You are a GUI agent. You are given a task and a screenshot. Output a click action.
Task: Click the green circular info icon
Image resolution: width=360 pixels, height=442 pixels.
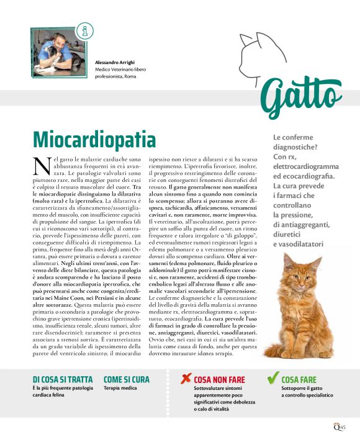click(x=82, y=30)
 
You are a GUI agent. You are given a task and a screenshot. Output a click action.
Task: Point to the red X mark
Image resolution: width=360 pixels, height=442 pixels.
click(x=184, y=378)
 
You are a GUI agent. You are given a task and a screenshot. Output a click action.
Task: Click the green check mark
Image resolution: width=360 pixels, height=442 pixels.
click(x=271, y=377)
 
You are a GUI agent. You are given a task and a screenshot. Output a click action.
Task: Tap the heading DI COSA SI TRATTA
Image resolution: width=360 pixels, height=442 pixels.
click(x=63, y=379)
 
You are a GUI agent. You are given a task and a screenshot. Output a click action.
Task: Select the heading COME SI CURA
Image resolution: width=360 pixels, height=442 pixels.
click(x=127, y=379)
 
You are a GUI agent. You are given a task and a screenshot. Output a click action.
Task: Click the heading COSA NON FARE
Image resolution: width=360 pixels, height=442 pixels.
click(x=219, y=379)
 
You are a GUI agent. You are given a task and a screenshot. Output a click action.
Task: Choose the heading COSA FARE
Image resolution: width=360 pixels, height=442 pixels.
click(x=299, y=379)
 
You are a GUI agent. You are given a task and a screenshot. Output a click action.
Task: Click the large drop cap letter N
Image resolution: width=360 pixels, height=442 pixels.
click(x=41, y=166)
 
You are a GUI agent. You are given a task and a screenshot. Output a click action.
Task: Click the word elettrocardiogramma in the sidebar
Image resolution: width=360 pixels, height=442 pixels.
click(x=306, y=167)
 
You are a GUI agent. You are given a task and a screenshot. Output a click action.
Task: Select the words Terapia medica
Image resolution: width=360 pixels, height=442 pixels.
click(x=120, y=388)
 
